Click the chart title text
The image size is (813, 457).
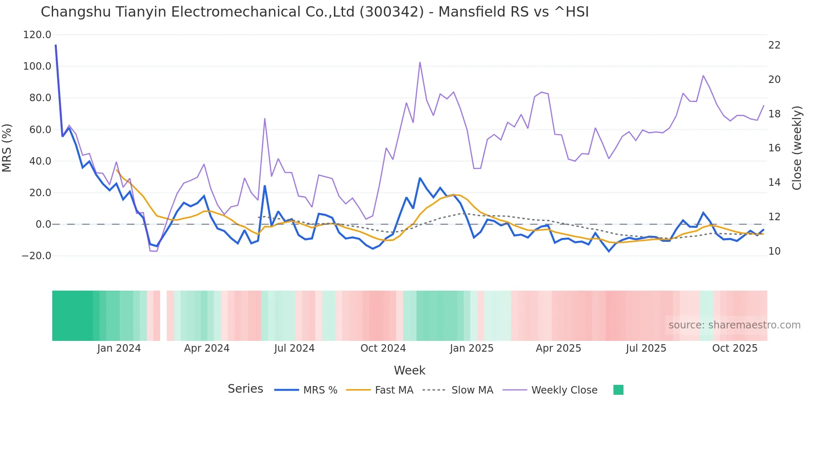point(314,12)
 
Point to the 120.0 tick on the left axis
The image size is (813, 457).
point(37,35)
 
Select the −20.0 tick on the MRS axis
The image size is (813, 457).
point(37,256)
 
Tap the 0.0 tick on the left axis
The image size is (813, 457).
point(43,224)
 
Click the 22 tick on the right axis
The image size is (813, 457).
point(774,45)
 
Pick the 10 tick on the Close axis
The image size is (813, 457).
point(774,251)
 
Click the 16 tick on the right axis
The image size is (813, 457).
point(774,148)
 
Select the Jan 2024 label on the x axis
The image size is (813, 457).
point(119,348)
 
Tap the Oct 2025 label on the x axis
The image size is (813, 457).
point(735,348)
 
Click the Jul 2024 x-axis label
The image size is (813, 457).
point(294,348)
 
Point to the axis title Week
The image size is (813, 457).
point(409,370)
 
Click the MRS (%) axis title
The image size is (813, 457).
point(7,148)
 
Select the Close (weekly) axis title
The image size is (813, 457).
point(796,148)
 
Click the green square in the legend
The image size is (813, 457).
point(618,390)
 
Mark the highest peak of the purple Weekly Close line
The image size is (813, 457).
point(420,63)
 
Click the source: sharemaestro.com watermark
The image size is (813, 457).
point(734,325)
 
